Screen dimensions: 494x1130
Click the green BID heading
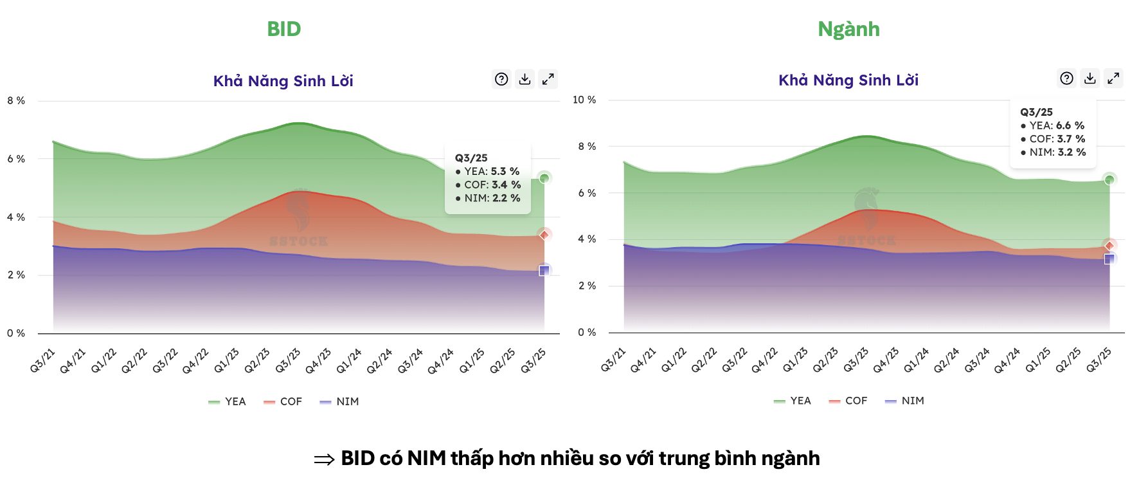pyautogui.click(x=283, y=29)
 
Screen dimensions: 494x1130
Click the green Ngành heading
pyautogui.click(x=848, y=29)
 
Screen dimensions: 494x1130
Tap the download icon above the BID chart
pyautogui.click(x=525, y=79)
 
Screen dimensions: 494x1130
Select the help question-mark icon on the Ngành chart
pyautogui.click(x=1066, y=78)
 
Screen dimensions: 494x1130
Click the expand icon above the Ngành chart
pyautogui.click(x=1113, y=78)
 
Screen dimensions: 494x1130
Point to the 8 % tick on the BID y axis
pyautogui.click(x=16, y=101)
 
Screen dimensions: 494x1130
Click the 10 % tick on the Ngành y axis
pyautogui.click(x=584, y=100)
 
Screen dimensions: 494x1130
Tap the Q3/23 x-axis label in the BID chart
pyautogui.click(x=288, y=361)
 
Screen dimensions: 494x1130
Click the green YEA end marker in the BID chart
pyautogui.click(x=544, y=178)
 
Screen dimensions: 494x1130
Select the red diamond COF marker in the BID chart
pyautogui.click(x=544, y=235)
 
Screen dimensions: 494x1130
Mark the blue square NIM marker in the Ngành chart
pyautogui.click(x=1109, y=259)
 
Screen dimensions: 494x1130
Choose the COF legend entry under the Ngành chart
pyautogui.click(x=848, y=401)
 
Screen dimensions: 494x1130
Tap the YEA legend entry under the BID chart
pyautogui.click(x=228, y=401)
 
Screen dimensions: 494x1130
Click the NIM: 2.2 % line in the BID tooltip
pyautogui.click(x=488, y=198)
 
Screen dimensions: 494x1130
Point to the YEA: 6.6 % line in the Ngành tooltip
pyautogui.click(x=1052, y=125)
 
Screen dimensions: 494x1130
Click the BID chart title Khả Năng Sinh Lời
pyautogui.click(x=283, y=81)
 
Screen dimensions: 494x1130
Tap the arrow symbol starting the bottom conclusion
pyautogui.click(x=324, y=459)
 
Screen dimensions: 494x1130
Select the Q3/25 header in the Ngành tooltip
pyautogui.click(x=1036, y=112)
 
